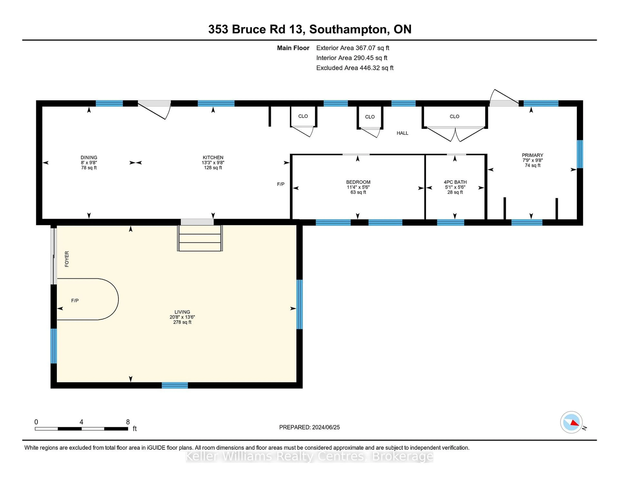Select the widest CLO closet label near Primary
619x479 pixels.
click(454, 116)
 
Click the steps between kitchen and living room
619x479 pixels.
click(200, 238)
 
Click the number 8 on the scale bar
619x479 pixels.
click(128, 422)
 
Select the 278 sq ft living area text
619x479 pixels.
click(182, 322)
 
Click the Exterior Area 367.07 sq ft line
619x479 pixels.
click(353, 48)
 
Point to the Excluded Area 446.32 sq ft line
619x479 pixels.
click(355, 68)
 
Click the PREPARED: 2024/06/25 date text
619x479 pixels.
click(309, 427)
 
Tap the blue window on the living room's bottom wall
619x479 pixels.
click(175, 385)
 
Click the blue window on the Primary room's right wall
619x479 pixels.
click(580, 154)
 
